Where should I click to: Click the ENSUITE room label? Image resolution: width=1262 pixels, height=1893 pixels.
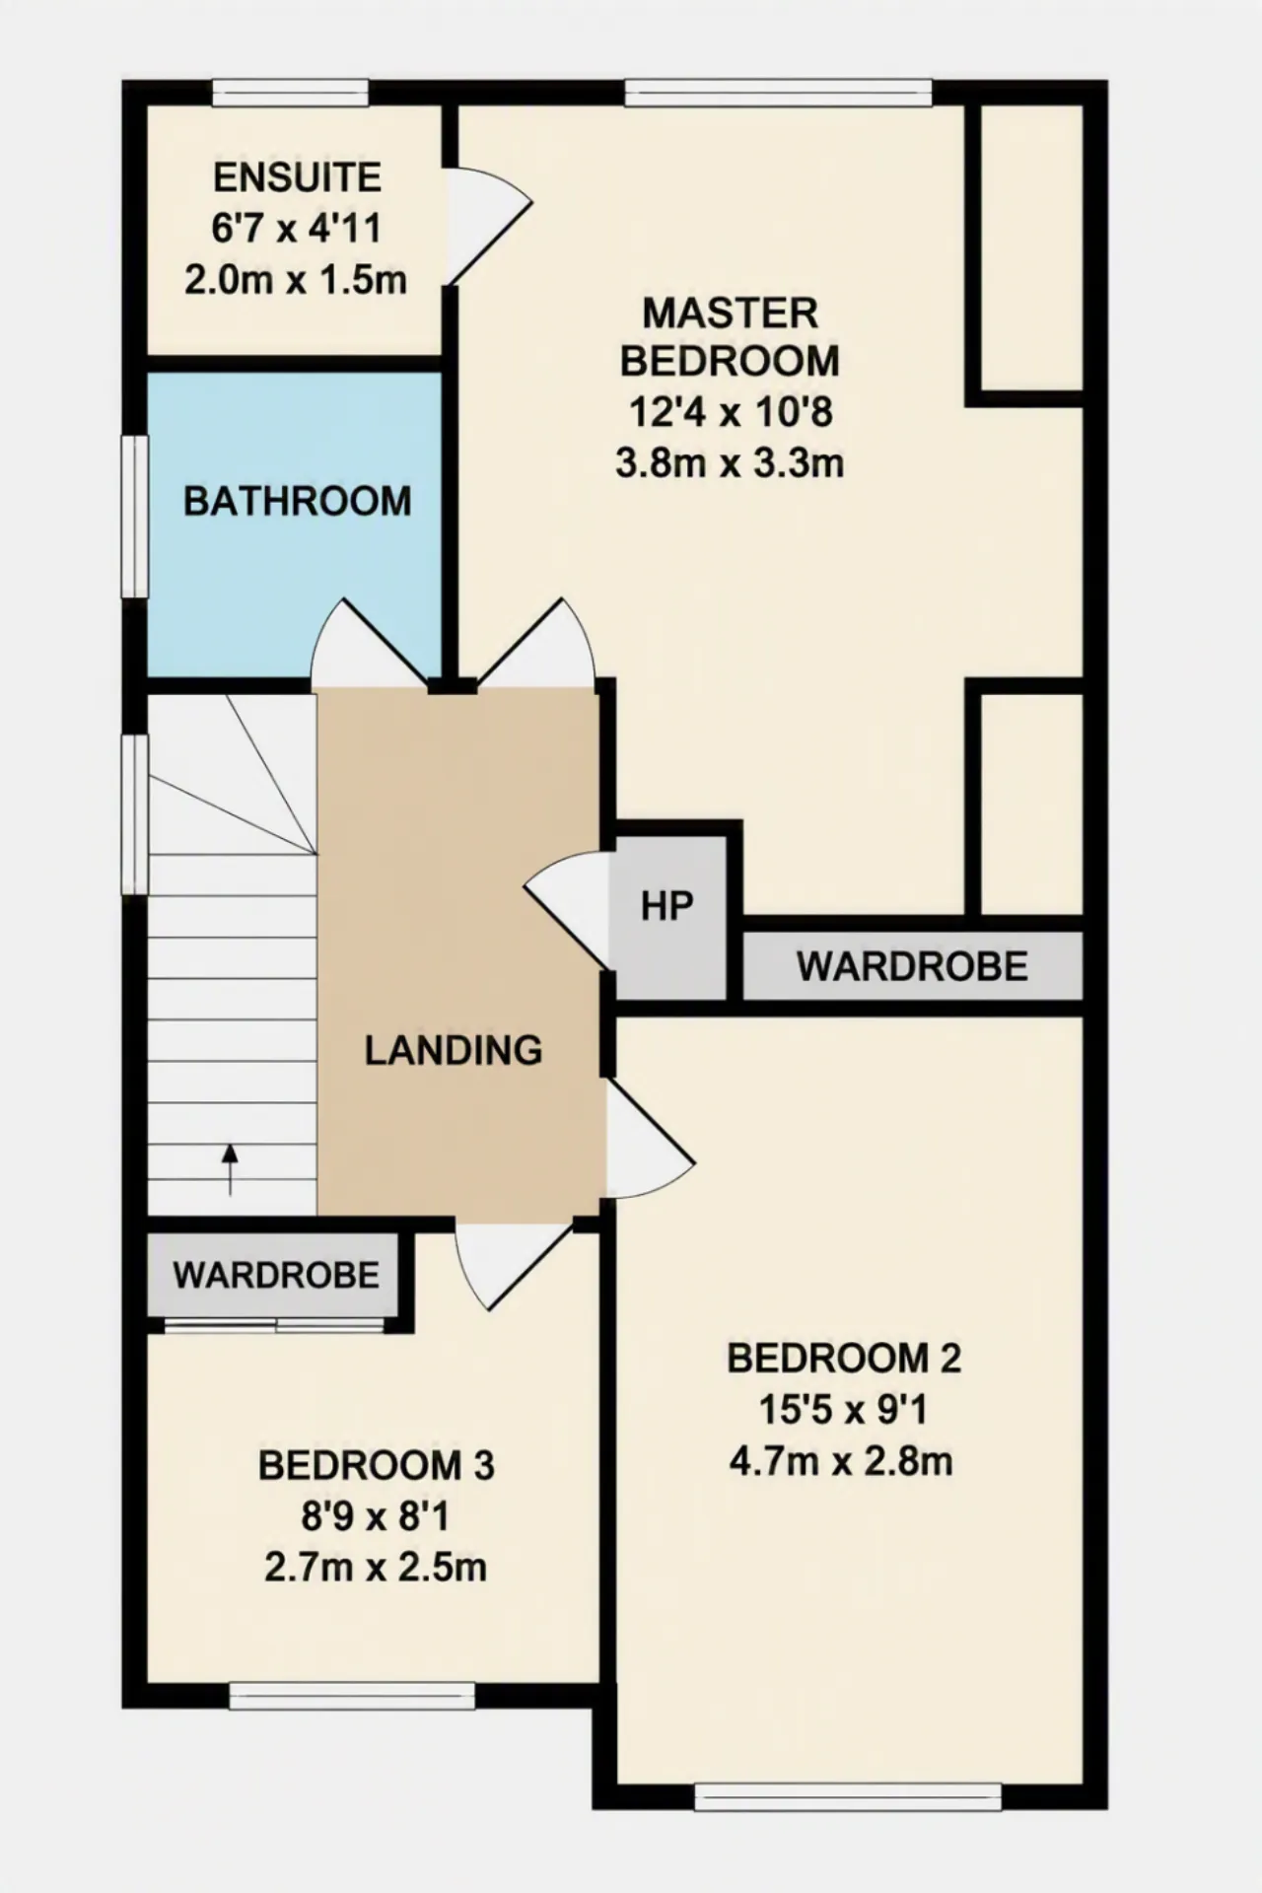[x=297, y=177]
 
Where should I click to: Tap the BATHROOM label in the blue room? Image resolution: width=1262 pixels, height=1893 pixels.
[x=297, y=502]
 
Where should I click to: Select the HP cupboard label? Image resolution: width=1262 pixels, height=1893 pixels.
[x=666, y=905]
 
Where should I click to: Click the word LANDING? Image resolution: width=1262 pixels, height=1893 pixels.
[x=454, y=1050]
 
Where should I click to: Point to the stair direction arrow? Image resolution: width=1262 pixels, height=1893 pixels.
[x=230, y=1169]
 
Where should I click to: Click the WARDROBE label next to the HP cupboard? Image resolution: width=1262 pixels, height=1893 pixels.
[x=912, y=966]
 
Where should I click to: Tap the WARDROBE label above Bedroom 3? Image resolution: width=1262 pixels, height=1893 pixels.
[x=276, y=1275]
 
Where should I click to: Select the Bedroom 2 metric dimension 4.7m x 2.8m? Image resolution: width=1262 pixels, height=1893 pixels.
[x=841, y=1460]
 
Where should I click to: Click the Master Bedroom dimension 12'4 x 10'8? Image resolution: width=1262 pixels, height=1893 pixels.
[x=731, y=412]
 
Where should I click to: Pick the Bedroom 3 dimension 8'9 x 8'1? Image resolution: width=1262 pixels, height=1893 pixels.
[x=376, y=1516]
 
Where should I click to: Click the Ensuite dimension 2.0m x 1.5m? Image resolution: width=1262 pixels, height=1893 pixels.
[x=296, y=280]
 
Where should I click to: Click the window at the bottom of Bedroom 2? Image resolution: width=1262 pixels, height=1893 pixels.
[x=848, y=1796]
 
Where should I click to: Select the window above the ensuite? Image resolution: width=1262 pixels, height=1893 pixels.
[x=291, y=94]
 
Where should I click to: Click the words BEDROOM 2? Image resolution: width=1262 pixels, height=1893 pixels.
[x=844, y=1359]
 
